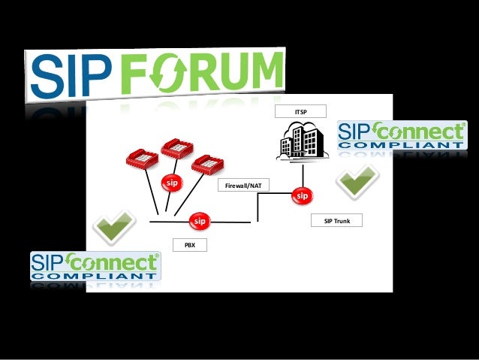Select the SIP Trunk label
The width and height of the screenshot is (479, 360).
337,221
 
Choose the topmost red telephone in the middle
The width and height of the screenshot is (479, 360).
177,147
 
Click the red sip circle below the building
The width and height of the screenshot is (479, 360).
301,196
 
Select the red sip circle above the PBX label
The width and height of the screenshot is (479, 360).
199,222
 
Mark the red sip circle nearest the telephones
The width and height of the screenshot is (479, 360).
173,183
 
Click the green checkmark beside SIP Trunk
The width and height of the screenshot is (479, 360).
356,181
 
